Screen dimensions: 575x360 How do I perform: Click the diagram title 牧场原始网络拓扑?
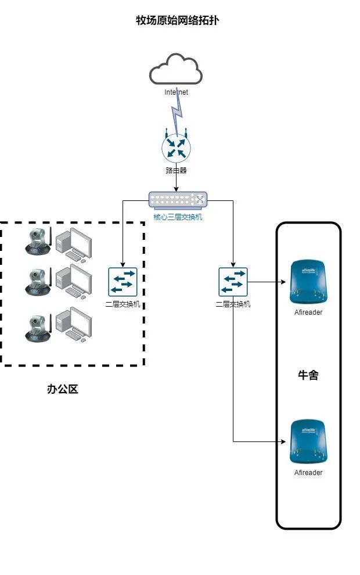(x=177, y=21)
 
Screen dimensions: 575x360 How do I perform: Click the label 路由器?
(x=176, y=171)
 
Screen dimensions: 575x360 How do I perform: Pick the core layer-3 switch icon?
(x=178, y=200)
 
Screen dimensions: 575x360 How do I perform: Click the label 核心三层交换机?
(x=178, y=218)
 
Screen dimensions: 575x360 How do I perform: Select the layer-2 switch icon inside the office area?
(x=123, y=282)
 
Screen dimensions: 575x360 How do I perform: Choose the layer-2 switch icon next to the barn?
(x=233, y=282)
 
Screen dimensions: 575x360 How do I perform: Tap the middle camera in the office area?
(x=38, y=281)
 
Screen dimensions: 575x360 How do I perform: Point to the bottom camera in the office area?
(x=38, y=326)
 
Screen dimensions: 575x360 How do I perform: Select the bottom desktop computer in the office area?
(x=74, y=324)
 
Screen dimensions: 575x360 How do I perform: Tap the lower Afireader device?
(x=308, y=442)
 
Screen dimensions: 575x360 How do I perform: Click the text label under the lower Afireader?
(x=308, y=473)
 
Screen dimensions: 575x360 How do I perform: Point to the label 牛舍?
(x=308, y=375)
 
